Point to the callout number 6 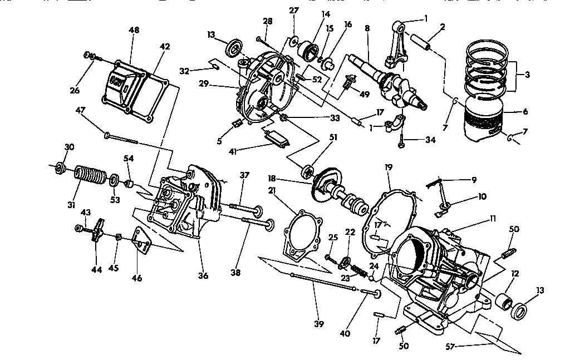(x=524, y=111)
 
